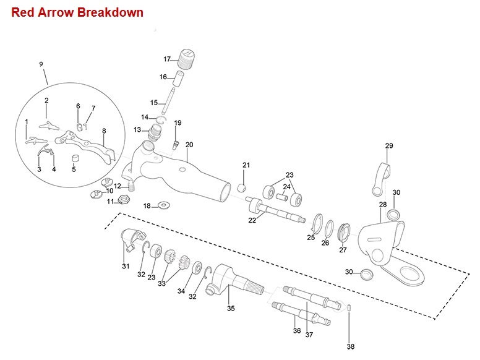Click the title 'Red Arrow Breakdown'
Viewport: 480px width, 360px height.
77,12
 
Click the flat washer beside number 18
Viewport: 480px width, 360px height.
164,205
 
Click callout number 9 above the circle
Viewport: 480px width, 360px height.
41,64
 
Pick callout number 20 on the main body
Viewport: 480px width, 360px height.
189,145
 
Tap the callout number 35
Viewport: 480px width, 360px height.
231,307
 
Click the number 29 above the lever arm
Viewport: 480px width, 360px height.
389,146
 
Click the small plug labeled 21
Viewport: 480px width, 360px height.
242,187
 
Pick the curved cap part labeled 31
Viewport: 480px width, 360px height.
132,238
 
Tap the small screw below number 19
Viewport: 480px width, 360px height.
176,145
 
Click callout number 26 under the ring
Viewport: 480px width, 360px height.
325,243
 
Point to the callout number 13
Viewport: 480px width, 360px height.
137,130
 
